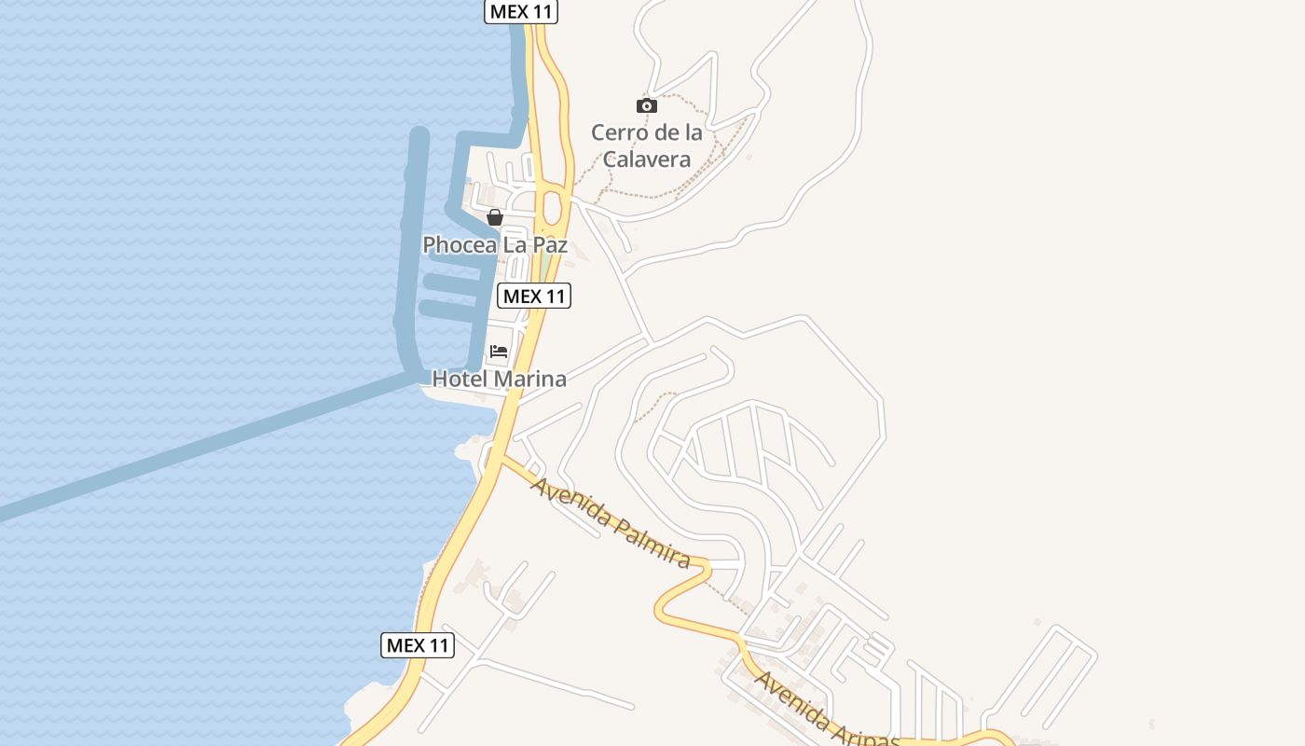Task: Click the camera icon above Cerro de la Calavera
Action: coord(646,105)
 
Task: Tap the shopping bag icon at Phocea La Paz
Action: coord(495,217)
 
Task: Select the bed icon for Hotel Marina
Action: coord(499,352)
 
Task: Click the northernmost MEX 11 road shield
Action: coord(521,11)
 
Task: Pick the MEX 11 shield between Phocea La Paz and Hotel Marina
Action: coord(534,297)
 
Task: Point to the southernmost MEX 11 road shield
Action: coord(418,645)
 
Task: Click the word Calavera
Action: coord(646,159)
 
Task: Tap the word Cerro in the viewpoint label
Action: coord(616,132)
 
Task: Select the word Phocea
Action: coord(457,245)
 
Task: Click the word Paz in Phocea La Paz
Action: coord(548,245)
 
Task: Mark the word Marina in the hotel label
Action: coord(530,380)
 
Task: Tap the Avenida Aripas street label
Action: coord(825,709)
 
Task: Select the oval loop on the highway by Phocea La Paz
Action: coord(551,206)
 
